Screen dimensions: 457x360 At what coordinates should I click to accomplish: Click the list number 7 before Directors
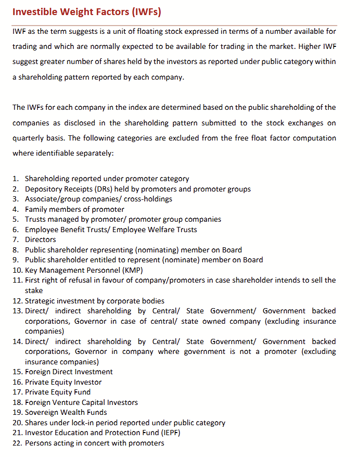pos(16,239)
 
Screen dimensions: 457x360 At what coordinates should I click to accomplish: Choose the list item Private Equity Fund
pos(58,392)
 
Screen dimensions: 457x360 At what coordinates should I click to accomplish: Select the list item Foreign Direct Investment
pos(69,372)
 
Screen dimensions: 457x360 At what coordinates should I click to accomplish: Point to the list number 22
pos(17,443)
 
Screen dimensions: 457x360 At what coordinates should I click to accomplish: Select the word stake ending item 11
pos(34,290)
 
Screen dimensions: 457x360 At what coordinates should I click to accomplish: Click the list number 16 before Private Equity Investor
pos(17,382)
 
